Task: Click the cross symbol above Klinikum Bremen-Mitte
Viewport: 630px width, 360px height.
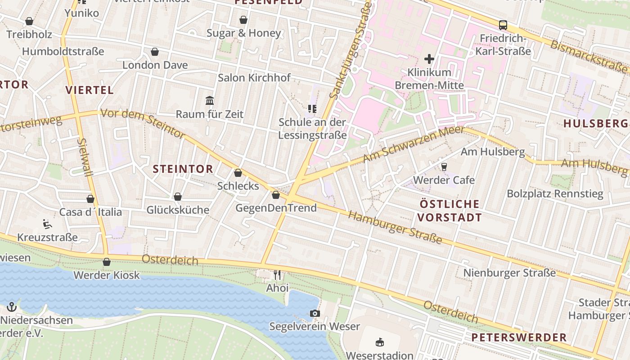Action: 429,58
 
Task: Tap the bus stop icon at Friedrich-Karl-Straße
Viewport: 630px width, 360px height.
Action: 503,25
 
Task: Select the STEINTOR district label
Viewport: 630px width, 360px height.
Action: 183,169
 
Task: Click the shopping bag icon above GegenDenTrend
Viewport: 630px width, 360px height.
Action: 276,195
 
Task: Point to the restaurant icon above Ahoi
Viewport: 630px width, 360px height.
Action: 277,274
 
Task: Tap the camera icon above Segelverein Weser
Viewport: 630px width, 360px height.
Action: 315,313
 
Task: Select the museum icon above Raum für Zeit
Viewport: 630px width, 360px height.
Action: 210,101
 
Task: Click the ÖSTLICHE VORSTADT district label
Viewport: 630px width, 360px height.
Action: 449,211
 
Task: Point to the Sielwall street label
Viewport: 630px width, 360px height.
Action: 85,157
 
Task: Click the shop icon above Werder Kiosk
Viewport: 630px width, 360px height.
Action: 107,262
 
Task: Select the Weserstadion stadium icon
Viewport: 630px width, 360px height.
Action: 380,342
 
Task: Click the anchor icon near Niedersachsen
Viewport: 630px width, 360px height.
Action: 12,307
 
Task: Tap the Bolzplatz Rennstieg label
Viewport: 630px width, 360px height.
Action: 555,194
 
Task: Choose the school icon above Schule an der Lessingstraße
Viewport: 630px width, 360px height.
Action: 312,108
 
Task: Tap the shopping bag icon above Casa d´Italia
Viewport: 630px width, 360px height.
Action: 90,199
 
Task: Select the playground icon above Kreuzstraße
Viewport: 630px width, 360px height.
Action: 47,224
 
